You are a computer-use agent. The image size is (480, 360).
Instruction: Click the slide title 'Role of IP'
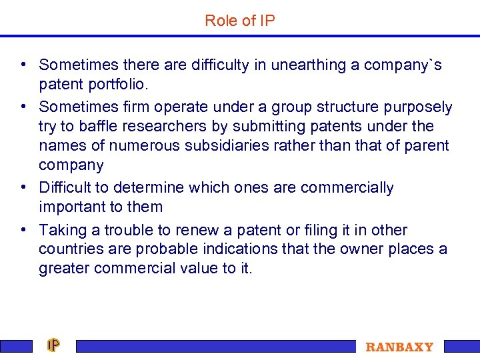pos(240,21)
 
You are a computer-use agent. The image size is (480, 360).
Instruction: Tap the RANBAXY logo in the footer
pos(399,347)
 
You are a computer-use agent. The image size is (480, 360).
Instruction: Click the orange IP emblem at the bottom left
pos(53,345)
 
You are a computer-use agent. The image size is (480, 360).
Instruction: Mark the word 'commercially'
pos(347,188)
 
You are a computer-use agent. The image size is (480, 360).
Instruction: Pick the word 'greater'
pos(65,269)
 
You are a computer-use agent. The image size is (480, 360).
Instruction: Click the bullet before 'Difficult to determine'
pos(23,188)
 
